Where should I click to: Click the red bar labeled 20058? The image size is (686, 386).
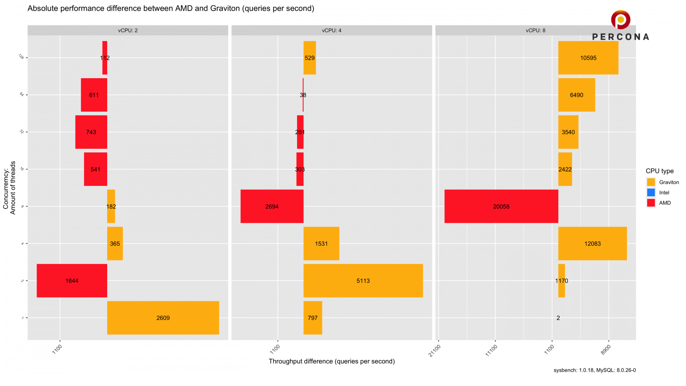(501, 206)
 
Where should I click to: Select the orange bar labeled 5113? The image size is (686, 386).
(363, 281)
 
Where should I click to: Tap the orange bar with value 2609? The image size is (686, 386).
(163, 318)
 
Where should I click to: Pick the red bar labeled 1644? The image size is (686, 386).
(72, 281)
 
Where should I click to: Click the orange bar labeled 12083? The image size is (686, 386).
(592, 243)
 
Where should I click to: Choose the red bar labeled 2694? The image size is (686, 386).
(272, 206)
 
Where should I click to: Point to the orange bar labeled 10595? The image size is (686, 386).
(588, 58)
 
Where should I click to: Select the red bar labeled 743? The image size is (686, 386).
(91, 132)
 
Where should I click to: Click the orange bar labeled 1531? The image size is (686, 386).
(321, 243)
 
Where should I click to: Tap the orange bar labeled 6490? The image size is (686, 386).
(577, 95)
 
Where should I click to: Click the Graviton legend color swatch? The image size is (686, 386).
(651, 182)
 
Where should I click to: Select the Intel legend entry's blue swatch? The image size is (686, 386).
(651, 193)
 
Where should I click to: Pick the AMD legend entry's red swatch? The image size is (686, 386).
(651, 203)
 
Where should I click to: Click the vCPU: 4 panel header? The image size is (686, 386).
(331, 30)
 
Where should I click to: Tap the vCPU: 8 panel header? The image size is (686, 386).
(535, 30)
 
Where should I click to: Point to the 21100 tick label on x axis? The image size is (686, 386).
(435, 350)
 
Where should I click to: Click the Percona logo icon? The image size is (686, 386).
(620, 20)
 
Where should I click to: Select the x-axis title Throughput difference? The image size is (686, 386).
(331, 361)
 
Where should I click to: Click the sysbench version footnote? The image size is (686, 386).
(594, 370)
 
